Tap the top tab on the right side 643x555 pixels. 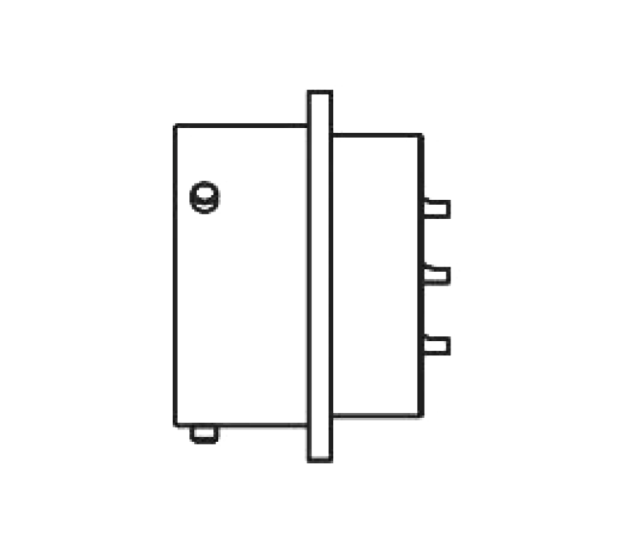pos(436,207)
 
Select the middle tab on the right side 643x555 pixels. pos(437,274)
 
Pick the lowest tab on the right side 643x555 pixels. pos(437,345)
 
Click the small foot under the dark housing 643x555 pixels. pos(203,434)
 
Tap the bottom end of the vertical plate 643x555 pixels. pos(320,461)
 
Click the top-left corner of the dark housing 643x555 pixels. pos(176,124)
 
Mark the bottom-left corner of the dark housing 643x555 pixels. pos(176,425)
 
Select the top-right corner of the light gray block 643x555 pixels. pos(422,135)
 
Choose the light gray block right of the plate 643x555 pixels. pos(376,273)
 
